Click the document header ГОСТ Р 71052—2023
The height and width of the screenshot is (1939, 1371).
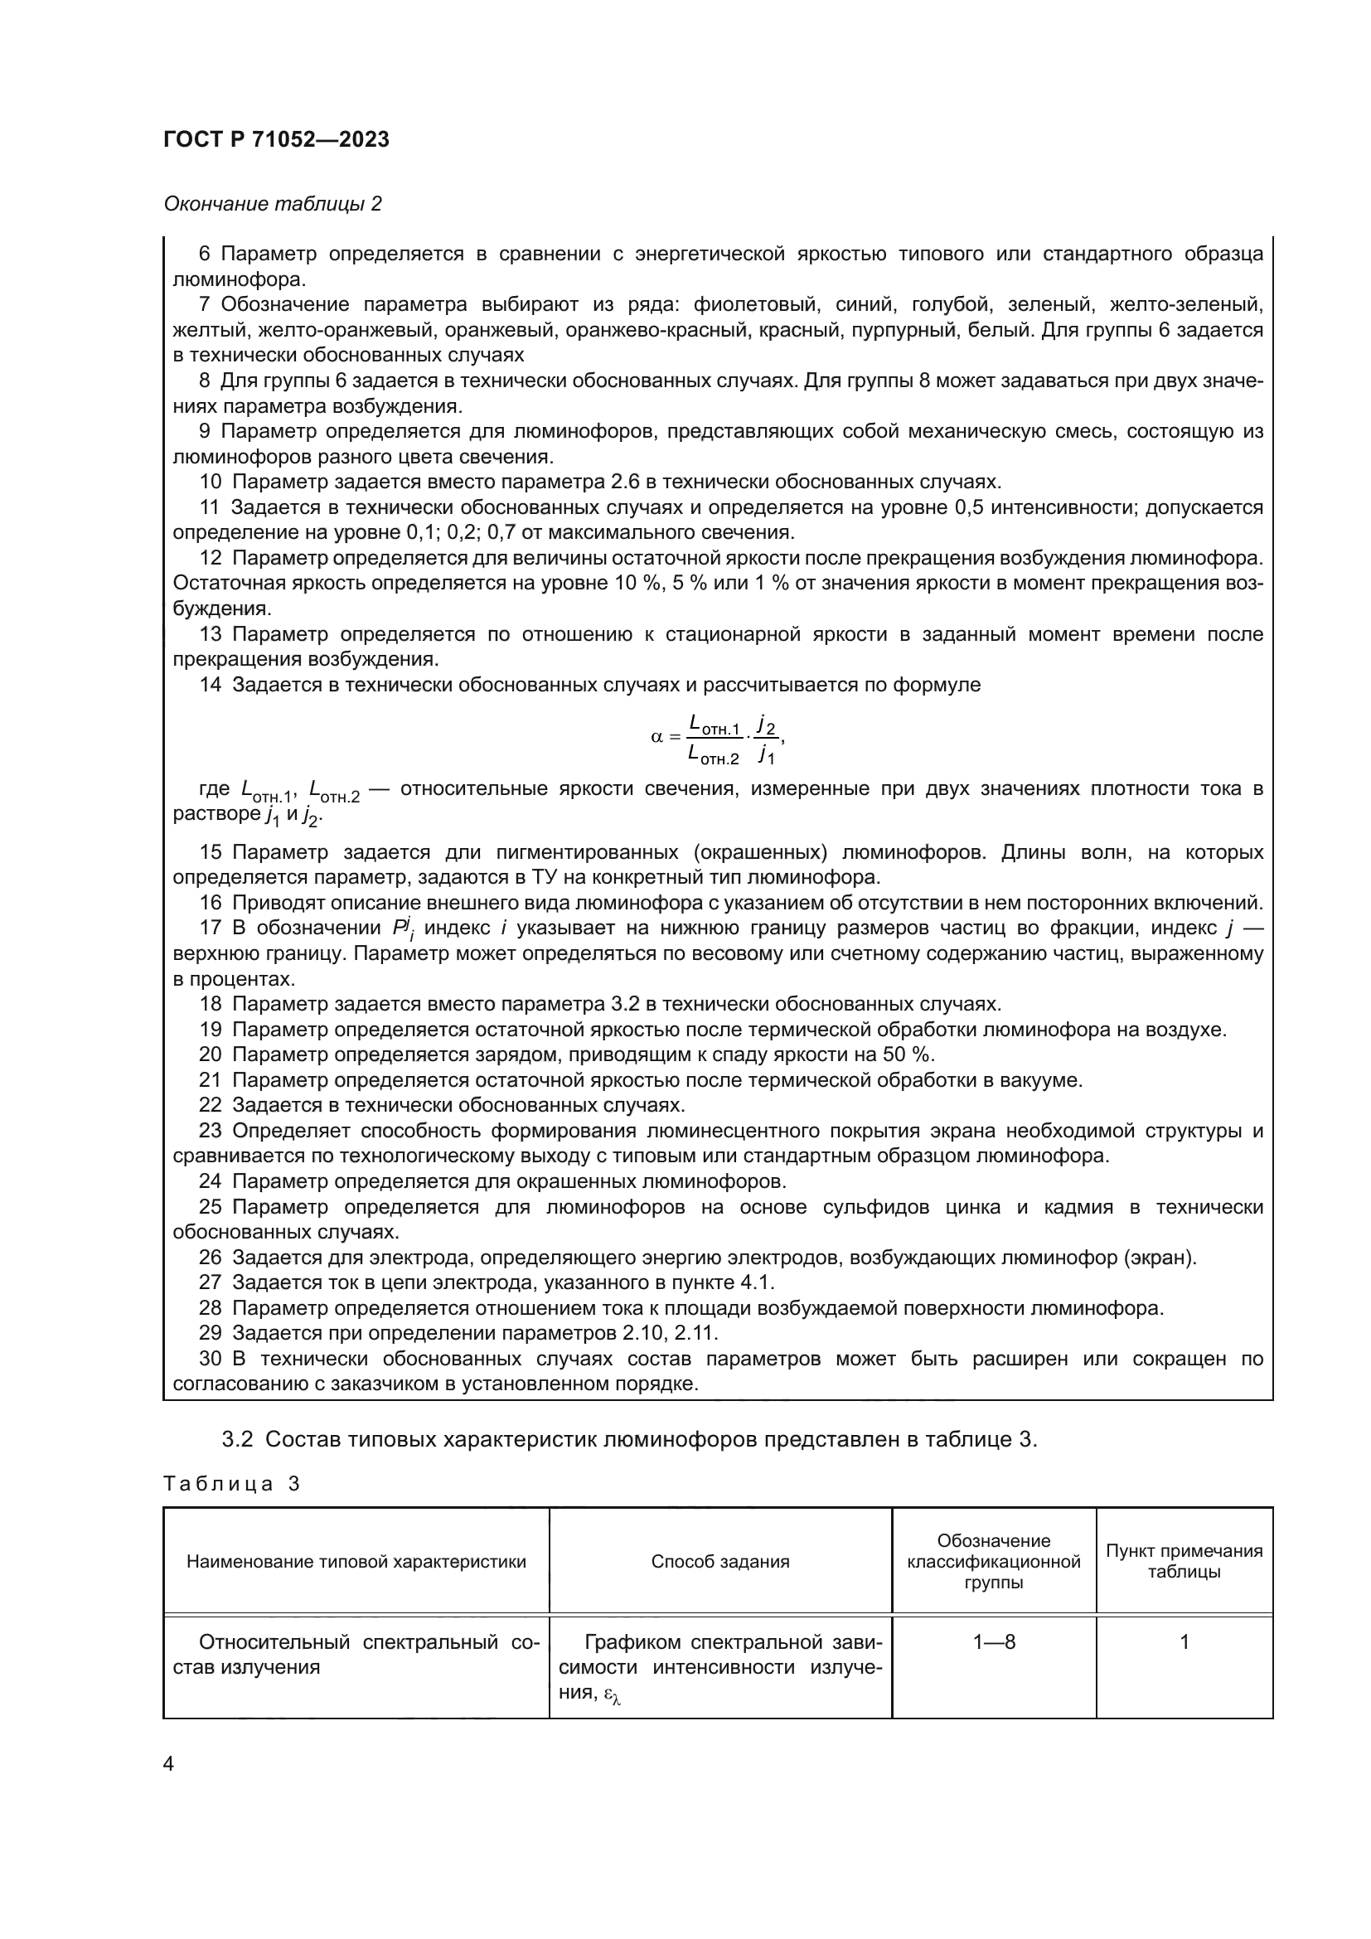(276, 140)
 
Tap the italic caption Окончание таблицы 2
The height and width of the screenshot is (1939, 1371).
(272, 205)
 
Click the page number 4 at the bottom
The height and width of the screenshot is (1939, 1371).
(168, 1764)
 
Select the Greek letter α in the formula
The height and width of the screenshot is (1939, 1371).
(656, 737)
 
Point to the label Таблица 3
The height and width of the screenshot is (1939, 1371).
(231, 1484)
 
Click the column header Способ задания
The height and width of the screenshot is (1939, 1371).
(719, 1562)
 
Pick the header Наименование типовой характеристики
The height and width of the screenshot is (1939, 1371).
(356, 1562)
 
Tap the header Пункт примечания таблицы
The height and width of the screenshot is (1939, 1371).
(1184, 1562)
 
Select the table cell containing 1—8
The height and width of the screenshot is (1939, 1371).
(993, 1642)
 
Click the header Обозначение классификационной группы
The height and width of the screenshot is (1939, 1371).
(993, 1562)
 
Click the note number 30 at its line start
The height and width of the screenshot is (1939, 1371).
(211, 1359)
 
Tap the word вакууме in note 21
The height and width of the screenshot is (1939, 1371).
(1045, 1080)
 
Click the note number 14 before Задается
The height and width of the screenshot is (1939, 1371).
(211, 685)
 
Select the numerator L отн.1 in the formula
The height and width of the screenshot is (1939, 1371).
(715, 725)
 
